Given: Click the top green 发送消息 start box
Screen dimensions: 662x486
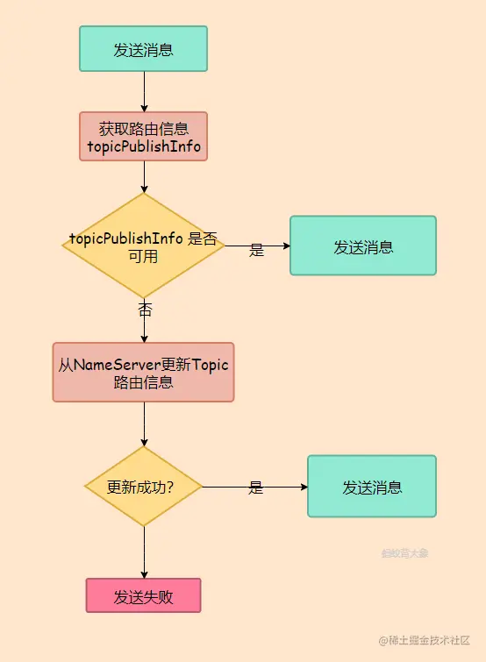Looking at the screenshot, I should click(x=143, y=48).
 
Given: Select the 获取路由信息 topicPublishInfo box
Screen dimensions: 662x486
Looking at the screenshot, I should click(x=143, y=136).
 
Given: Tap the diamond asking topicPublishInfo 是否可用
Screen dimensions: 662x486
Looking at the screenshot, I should click(x=143, y=246).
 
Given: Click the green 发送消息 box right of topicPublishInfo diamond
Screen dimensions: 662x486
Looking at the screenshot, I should click(x=363, y=246).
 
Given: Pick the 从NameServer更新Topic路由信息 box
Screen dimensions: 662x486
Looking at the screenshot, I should click(x=143, y=372).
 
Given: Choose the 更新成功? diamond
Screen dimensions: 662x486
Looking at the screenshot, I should click(x=143, y=487).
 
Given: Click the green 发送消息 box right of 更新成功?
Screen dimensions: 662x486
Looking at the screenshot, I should click(x=372, y=487).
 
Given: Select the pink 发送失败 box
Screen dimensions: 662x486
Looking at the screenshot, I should click(x=143, y=595).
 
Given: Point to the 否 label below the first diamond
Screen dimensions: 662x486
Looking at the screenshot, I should click(x=145, y=310).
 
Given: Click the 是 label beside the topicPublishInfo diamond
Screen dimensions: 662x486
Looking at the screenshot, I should click(x=256, y=250).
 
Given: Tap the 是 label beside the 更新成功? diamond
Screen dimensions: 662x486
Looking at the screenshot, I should click(x=255, y=488).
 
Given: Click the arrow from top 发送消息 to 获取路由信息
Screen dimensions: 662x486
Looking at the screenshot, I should click(x=144, y=91).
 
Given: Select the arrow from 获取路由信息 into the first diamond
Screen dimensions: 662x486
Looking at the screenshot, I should click(x=144, y=176).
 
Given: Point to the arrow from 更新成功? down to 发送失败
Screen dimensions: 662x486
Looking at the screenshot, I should click(x=144, y=552).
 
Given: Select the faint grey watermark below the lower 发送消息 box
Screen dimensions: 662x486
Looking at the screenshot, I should click(x=404, y=553).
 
